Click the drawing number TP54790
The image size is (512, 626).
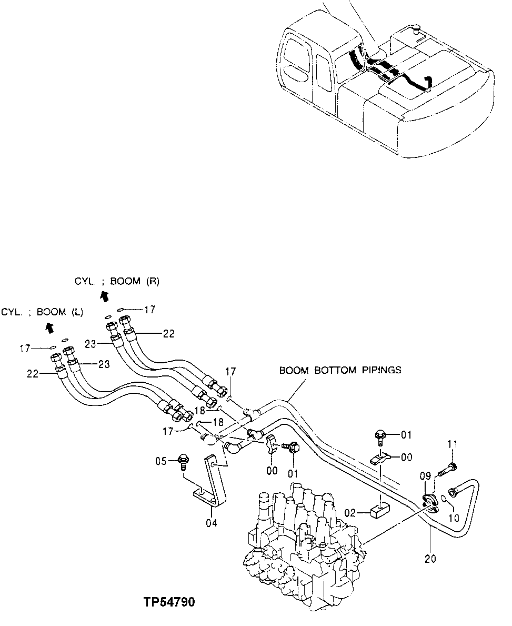pyautogui.click(x=168, y=602)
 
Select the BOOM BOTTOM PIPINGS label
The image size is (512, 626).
pyautogui.click(x=340, y=370)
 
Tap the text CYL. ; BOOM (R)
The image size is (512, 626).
pyautogui.click(x=116, y=282)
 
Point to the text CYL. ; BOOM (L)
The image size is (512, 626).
pyautogui.click(x=42, y=312)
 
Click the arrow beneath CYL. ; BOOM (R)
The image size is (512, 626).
pyautogui.click(x=104, y=296)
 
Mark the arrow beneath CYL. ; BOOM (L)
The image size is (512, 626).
pyautogui.click(x=49, y=328)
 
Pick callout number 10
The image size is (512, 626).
pyautogui.click(x=454, y=517)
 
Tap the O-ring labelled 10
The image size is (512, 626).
pyautogui.click(x=444, y=498)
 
